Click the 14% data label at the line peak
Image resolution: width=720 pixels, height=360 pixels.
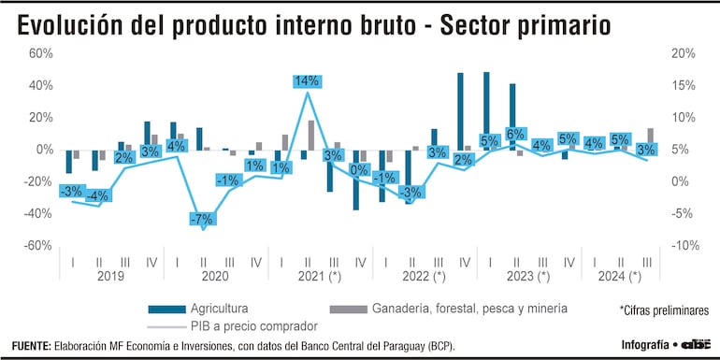click(x=308, y=81)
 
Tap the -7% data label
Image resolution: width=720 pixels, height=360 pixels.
click(x=202, y=219)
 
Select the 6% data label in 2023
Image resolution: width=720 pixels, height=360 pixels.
click(x=515, y=134)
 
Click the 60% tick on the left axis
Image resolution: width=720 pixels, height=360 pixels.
click(x=40, y=53)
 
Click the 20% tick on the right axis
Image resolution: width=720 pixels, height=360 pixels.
click(x=683, y=53)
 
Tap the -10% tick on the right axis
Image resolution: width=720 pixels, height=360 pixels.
click(x=681, y=245)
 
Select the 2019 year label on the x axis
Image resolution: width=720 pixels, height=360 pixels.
click(x=111, y=277)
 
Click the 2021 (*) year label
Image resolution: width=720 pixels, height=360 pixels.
click(x=320, y=277)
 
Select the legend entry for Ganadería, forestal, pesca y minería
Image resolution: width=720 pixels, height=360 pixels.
click(x=449, y=308)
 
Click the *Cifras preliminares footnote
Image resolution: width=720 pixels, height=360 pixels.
click(x=663, y=310)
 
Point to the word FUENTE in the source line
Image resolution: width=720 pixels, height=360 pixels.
click(x=31, y=346)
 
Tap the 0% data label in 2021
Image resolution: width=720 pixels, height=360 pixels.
click(x=358, y=169)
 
